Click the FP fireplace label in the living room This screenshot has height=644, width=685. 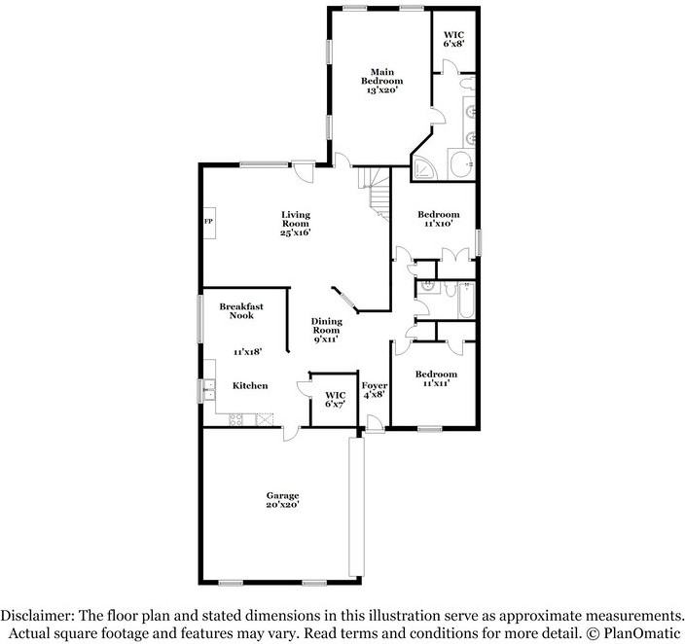(x=207, y=222)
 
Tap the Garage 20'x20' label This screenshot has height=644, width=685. (x=283, y=500)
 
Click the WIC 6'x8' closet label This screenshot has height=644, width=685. (x=453, y=38)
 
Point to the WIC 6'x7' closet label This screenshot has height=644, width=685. (x=335, y=399)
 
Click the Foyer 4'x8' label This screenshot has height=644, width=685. (x=375, y=389)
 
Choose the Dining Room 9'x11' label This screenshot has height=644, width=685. (x=326, y=331)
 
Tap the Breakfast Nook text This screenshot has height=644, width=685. (x=241, y=311)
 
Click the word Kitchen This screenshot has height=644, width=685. (x=250, y=386)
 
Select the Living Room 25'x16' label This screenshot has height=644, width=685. (x=295, y=224)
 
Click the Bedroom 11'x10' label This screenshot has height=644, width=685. (x=439, y=219)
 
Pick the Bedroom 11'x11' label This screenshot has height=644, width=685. (x=436, y=378)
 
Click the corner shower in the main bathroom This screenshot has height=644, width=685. (x=425, y=169)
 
